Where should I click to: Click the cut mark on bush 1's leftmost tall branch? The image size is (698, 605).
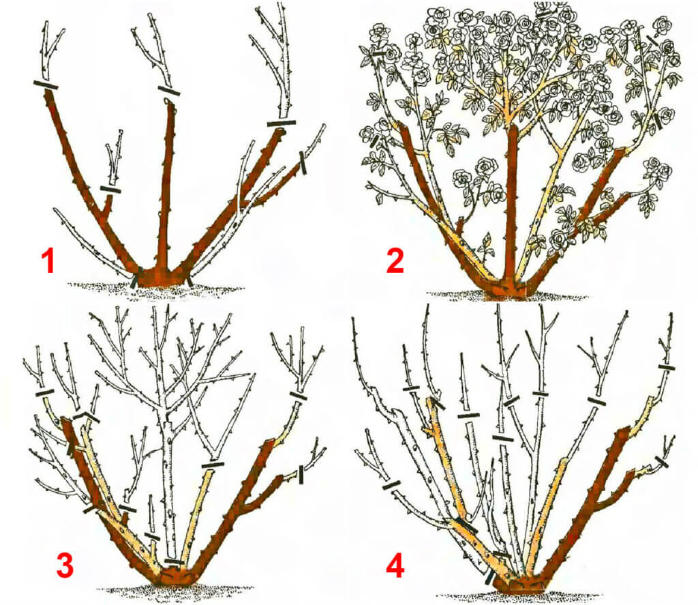click(46, 85)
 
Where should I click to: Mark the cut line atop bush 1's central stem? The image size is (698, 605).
click(169, 91)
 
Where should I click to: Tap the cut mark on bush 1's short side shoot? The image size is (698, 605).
click(110, 190)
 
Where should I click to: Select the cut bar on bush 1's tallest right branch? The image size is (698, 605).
click(282, 123)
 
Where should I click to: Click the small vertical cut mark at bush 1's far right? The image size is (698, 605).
click(303, 162)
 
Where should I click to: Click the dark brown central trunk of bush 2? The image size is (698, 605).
click(513, 201)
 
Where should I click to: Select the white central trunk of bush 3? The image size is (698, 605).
click(168, 486)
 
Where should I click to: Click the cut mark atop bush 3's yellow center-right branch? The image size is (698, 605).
click(213, 466)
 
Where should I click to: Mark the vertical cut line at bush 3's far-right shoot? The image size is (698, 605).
click(301, 474)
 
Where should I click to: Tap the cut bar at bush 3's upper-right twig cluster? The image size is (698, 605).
click(299, 396)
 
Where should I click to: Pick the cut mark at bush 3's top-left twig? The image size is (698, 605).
click(45, 392)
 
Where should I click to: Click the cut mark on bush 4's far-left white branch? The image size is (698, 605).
click(391, 485)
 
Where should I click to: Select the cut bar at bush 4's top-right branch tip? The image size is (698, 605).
click(667, 368)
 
